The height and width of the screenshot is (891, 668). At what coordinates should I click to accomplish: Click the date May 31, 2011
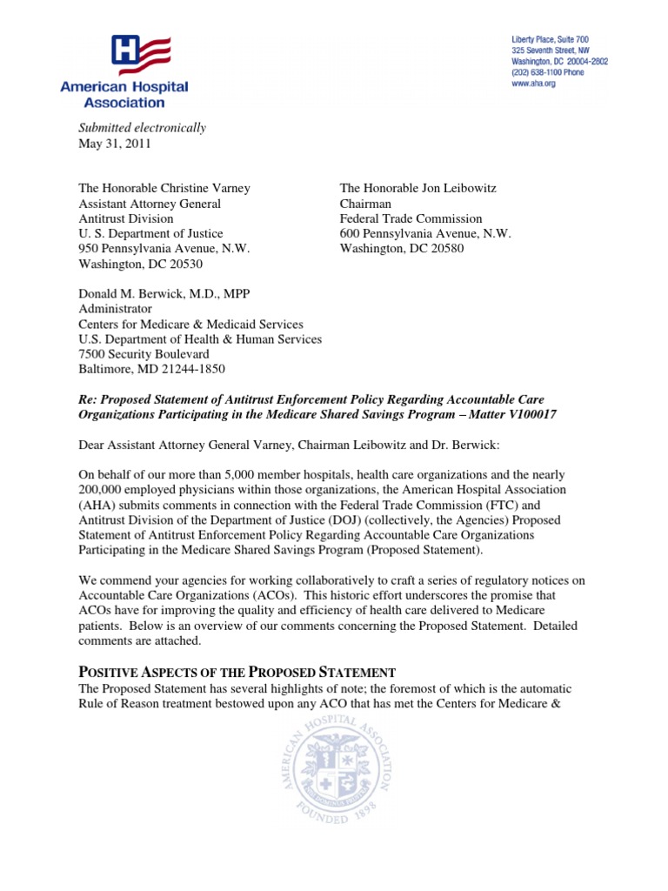pos(115,144)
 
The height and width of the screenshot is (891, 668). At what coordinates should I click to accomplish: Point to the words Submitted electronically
pos(143,128)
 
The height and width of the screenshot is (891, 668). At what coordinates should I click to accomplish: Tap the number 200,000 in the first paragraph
pos(104,490)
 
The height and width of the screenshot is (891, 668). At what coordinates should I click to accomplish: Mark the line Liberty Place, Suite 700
pos(549,40)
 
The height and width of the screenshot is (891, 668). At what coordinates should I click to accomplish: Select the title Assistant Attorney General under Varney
pos(150,204)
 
